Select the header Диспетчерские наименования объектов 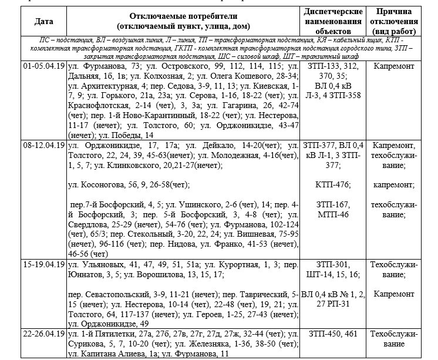tap(332, 22)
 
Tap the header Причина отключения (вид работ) tap(394, 22)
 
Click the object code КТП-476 tap(332, 184)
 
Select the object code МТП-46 tap(332, 214)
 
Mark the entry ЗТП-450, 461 tap(332, 334)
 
